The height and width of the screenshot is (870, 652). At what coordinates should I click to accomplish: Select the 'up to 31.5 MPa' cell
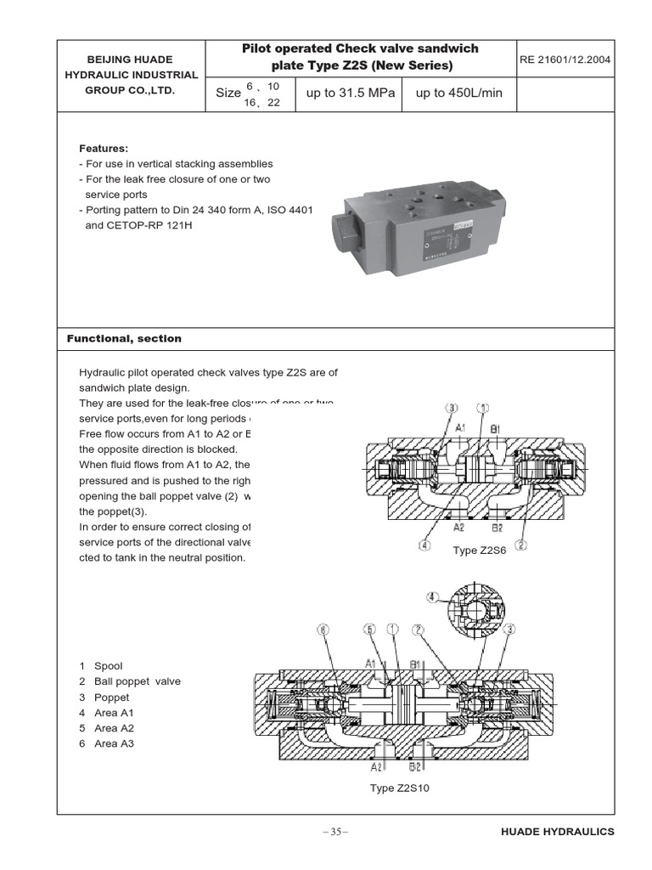point(351,93)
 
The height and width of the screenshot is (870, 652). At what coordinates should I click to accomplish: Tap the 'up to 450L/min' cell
point(459,93)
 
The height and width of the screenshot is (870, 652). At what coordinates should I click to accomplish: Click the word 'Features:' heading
point(104,148)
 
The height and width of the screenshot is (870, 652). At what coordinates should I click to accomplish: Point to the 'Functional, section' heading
point(124,338)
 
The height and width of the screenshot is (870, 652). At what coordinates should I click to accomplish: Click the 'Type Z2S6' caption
point(480,551)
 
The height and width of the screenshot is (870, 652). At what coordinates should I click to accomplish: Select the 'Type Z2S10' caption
point(400,788)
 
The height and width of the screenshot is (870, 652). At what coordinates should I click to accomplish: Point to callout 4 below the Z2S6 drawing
point(424,545)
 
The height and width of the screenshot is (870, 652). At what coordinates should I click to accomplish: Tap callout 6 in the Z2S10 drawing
point(323,630)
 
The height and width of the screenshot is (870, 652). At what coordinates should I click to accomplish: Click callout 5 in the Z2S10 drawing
point(368,630)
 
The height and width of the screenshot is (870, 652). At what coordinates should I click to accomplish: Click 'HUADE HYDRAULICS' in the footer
point(557,833)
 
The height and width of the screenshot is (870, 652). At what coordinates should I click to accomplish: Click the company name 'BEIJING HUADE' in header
point(131,59)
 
